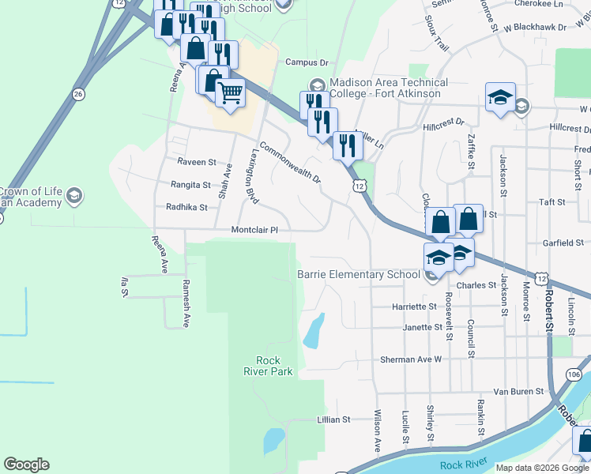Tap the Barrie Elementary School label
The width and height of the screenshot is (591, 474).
(x=358, y=275)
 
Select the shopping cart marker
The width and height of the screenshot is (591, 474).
(x=230, y=94)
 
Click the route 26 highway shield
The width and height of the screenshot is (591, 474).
(x=77, y=94)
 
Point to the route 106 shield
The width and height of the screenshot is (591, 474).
(x=574, y=374)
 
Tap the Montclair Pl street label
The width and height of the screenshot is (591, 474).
(x=255, y=230)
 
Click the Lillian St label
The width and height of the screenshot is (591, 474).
(x=333, y=419)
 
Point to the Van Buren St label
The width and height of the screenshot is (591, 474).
(x=518, y=391)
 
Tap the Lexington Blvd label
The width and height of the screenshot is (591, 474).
(x=250, y=175)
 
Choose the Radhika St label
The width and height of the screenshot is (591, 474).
(x=186, y=208)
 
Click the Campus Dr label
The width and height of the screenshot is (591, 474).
(x=306, y=62)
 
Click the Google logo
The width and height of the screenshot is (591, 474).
(x=26, y=465)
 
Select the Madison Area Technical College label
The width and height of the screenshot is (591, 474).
(x=388, y=88)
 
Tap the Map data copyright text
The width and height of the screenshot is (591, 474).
(x=542, y=468)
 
